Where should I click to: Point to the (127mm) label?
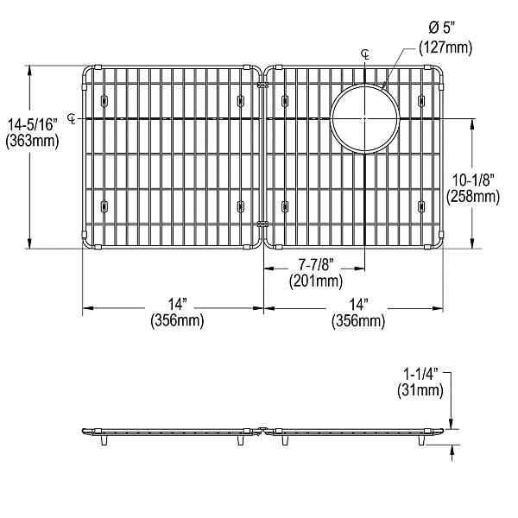(x=445, y=48)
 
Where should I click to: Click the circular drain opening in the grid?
(x=364, y=117)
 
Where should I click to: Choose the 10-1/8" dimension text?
(x=474, y=180)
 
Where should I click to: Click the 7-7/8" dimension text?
(x=315, y=264)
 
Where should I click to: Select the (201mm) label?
(x=315, y=280)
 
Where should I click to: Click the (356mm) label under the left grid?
(x=178, y=321)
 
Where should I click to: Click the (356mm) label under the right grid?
(x=359, y=321)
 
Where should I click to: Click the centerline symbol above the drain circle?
(x=365, y=54)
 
